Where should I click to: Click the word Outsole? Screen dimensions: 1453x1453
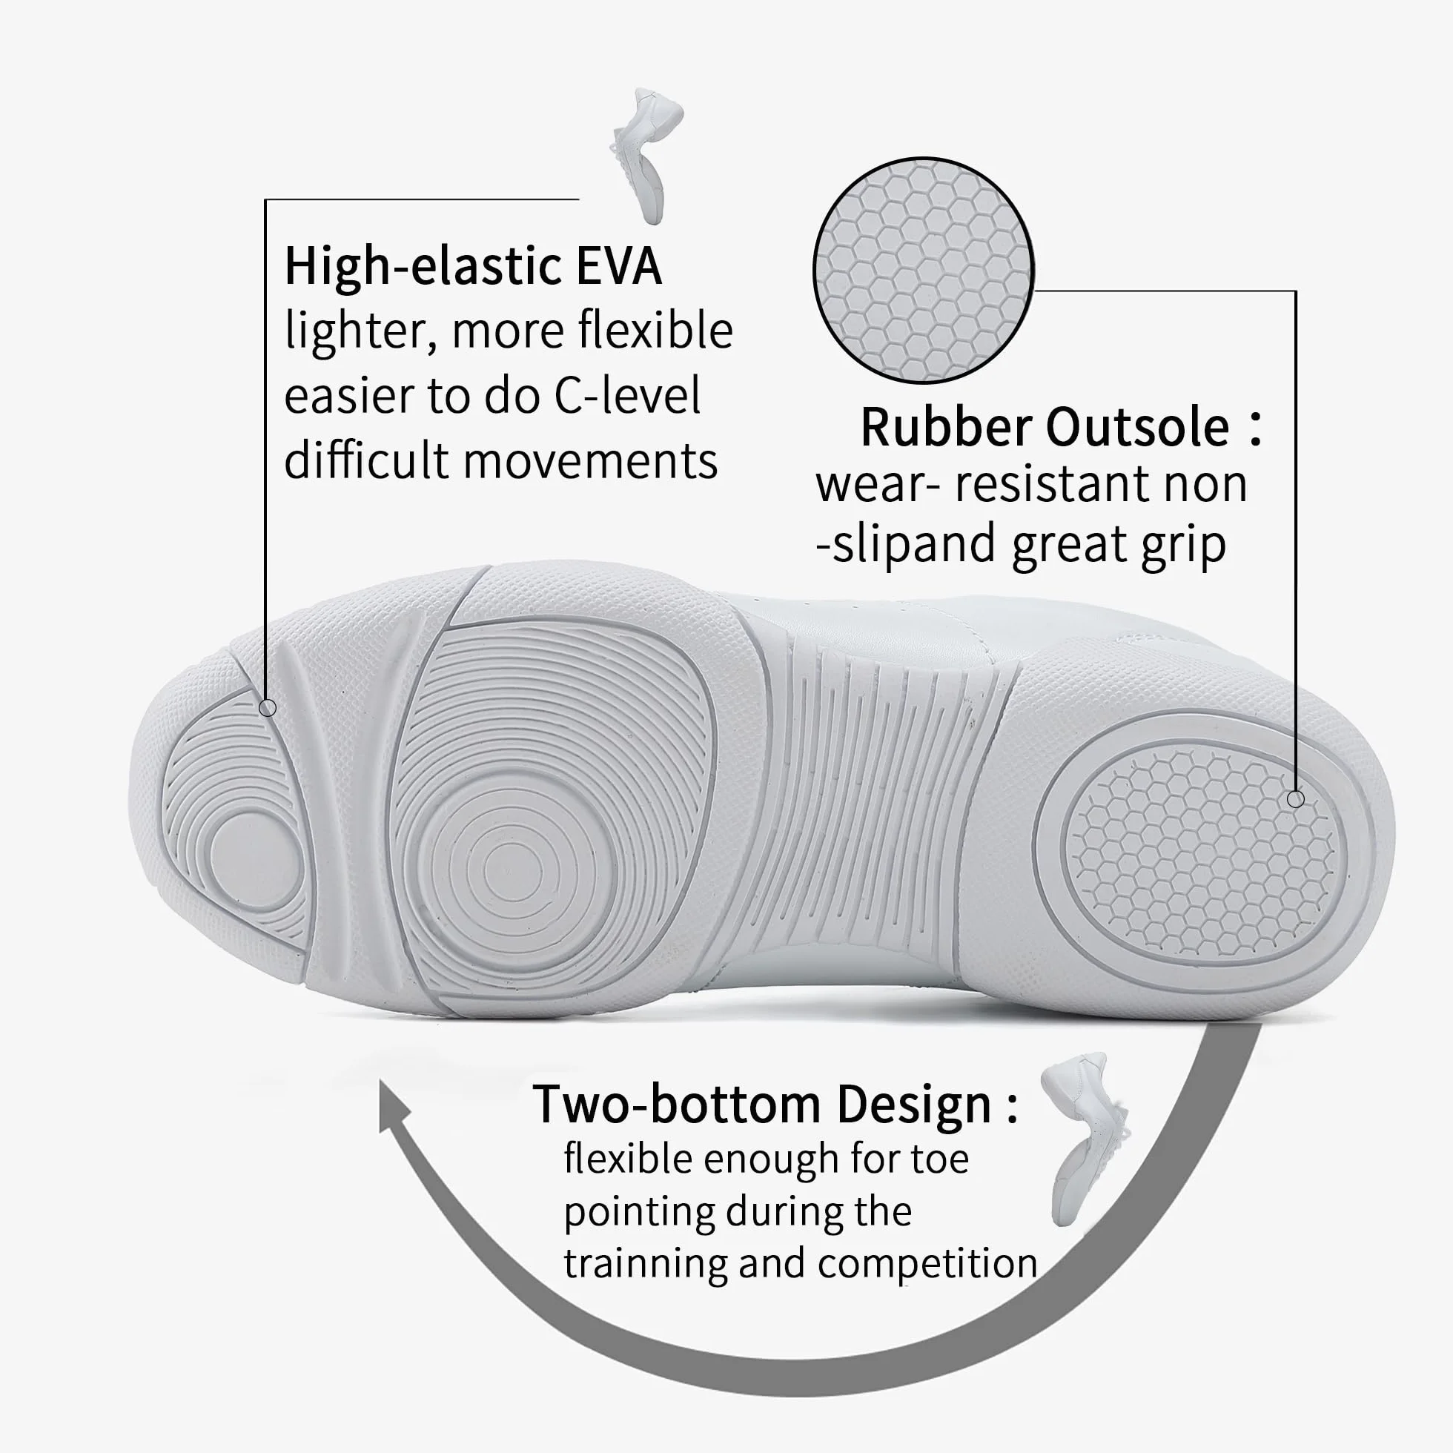click(1138, 427)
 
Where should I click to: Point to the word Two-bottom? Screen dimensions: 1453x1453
click(676, 1104)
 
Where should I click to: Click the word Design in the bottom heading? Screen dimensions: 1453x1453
click(914, 1104)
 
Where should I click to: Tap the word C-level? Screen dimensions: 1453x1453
click(627, 396)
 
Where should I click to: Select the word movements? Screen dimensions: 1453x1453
click(590, 460)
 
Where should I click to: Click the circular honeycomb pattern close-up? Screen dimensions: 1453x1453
click(924, 271)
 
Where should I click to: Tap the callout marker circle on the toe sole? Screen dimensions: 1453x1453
click(267, 708)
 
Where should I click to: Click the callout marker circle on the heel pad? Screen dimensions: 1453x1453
click(1295, 798)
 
